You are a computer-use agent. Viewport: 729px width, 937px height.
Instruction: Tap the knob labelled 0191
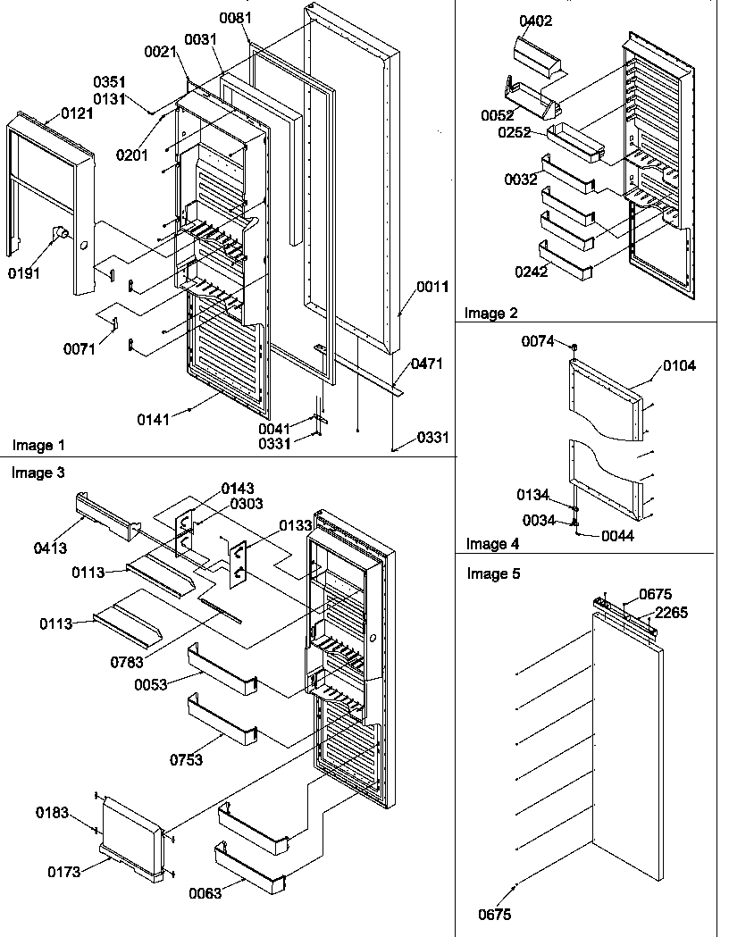tap(59, 234)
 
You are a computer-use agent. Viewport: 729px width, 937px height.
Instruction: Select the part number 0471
tap(427, 364)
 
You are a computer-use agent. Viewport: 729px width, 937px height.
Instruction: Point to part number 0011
tap(432, 287)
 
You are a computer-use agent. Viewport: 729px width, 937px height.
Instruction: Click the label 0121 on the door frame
tap(77, 113)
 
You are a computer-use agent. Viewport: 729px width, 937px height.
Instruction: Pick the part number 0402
tap(536, 21)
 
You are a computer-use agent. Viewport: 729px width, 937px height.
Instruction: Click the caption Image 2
tap(490, 313)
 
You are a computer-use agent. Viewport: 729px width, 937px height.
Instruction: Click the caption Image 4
tap(492, 543)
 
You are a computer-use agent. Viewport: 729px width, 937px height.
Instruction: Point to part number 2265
tap(671, 612)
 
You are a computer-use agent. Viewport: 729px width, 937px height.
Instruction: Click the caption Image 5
tap(493, 573)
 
